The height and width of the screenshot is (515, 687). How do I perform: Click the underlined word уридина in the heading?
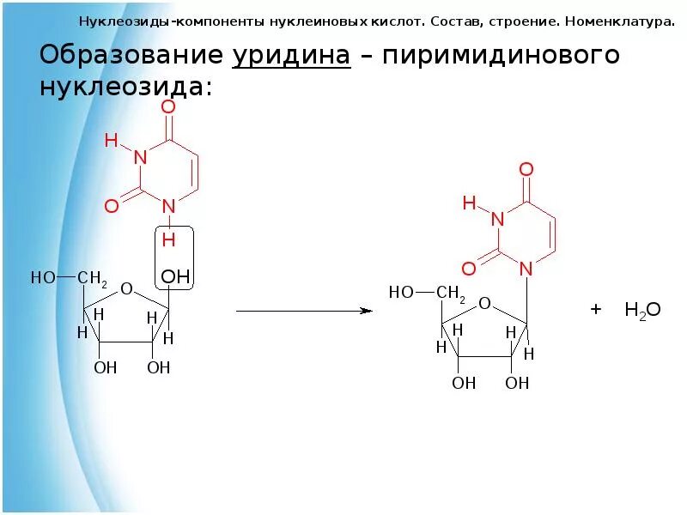point(291,56)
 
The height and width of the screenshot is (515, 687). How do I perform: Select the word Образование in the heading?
point(133,56)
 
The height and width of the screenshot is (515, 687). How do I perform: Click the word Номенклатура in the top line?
point(616,20)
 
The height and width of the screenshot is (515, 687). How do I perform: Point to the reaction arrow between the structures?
point(303,311)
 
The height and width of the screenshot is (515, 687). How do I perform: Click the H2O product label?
point(642,310)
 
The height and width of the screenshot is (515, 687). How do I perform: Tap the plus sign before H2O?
point(595,309)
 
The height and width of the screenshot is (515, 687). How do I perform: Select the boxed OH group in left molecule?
point(175,277)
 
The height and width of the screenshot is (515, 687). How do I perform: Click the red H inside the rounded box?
point(169,239)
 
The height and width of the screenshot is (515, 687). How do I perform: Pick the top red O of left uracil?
point(168,106)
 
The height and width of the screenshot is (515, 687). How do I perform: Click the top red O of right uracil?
point(526,169)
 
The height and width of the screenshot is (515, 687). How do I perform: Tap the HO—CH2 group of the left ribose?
point(69,278)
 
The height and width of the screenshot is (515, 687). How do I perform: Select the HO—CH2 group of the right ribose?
point(427,293)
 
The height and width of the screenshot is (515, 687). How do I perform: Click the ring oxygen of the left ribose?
point(127,288)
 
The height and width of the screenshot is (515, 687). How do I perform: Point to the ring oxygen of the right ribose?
point(485,303)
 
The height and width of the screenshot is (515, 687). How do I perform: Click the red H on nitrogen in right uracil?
point(469,203)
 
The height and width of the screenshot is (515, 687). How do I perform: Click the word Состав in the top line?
point(453,20)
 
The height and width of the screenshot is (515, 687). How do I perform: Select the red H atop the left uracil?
point(111,140)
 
